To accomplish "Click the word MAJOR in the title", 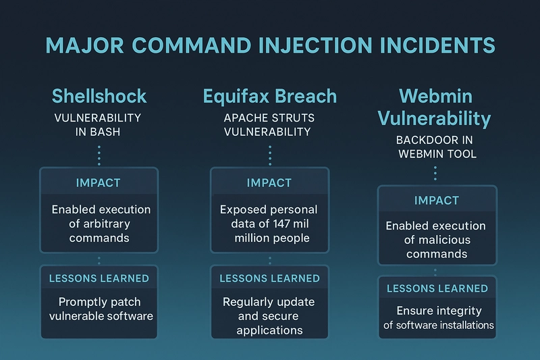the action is [x=85, y=45].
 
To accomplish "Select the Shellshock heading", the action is [x=99, y=96].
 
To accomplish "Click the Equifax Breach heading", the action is [x=269, y=96].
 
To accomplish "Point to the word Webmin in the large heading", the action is [x=435, y=96].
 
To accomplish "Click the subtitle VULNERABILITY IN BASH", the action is [x=98, y=125].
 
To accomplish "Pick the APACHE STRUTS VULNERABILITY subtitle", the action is [x=269, y=125].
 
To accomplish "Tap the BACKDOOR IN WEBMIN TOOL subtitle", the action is [x=436, y=147].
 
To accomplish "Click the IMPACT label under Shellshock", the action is [x=98, y=182].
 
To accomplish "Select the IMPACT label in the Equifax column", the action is [x=269, y=182].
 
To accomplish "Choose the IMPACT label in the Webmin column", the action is [x=436, y=200].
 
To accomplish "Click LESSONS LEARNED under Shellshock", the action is [x=99, y=278].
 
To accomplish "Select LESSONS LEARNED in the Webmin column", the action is [x=437, y=288].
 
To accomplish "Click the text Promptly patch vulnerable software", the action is [x=101, y=309].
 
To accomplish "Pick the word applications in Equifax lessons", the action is [x=269, y=330].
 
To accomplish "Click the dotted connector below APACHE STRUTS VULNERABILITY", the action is [x=270, y=155].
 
